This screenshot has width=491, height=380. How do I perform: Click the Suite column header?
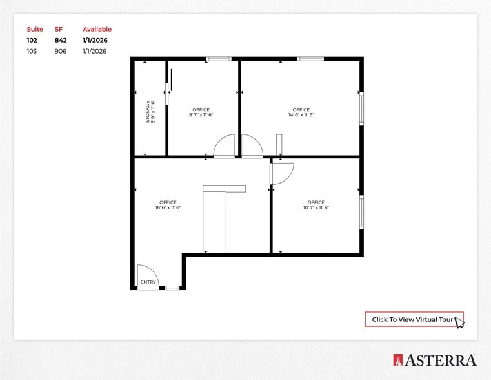35,29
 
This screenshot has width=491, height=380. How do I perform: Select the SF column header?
59,29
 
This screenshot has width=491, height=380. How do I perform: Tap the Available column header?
97,29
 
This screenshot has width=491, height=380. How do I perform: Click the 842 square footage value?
61,40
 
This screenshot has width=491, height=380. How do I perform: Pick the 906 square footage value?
60,51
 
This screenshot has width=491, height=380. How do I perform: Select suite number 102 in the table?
32,40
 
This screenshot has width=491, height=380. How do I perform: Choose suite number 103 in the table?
32,51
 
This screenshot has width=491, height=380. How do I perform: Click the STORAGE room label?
148,112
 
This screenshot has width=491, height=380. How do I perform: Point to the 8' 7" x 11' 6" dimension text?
201,115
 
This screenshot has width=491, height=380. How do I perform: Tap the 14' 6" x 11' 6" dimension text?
301,115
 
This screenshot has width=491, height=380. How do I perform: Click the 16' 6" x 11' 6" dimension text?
168,207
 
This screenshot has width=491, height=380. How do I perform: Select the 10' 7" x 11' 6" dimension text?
316,207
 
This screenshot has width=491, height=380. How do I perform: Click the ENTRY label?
148,282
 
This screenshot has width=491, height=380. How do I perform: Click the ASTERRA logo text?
441,361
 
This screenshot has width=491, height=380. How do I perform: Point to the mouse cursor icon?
459,322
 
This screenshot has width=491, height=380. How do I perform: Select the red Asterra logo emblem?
397,361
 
